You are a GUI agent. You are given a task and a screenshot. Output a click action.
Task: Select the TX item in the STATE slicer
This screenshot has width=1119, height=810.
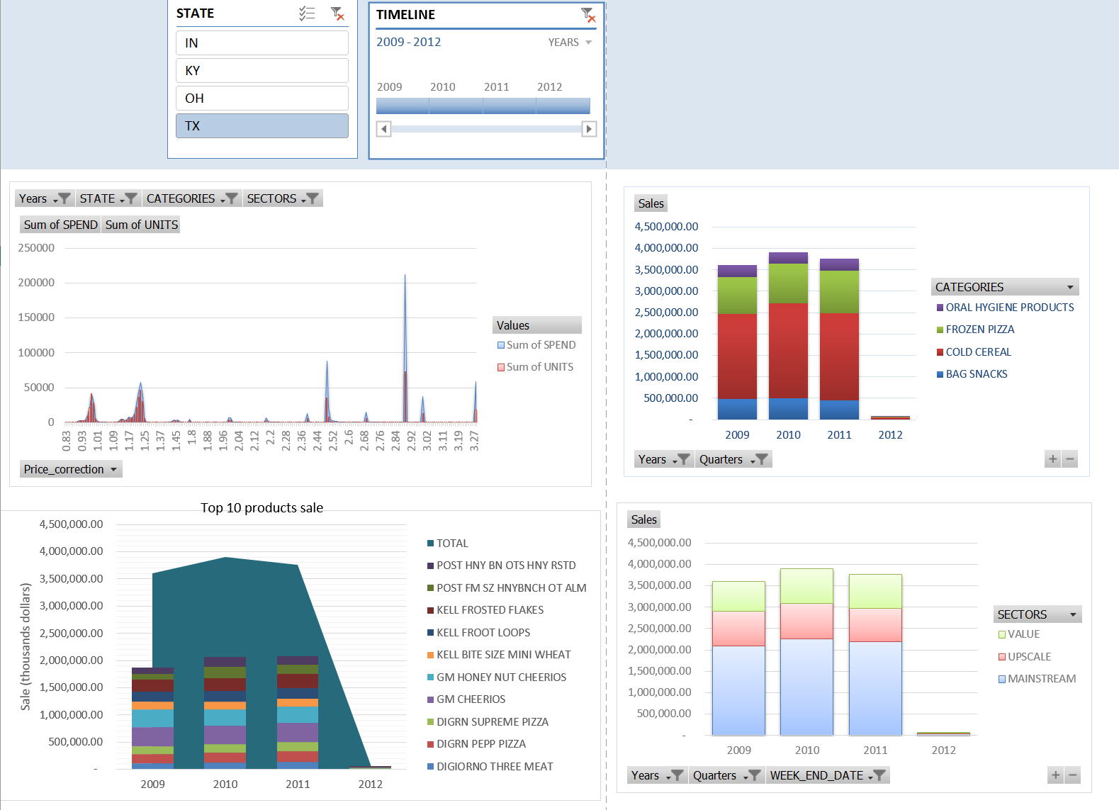pyautogui.click(x=262, y=126)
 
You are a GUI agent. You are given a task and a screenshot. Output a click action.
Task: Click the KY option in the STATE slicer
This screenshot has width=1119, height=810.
pyautogui.click(x=262, y=71)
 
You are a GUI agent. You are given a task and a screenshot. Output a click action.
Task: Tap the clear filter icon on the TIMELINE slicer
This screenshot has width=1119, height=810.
pyautogui.click(x=587, y=14)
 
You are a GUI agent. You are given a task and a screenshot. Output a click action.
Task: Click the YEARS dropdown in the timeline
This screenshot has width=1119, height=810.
pyautogui.click(x=569, y=43)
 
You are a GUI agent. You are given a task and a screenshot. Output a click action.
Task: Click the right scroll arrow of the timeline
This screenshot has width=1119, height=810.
pyautogui.click(x=589, y=129)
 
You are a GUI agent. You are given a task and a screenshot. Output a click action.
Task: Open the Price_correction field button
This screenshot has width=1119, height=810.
pyautogui.click(x=71, y=469)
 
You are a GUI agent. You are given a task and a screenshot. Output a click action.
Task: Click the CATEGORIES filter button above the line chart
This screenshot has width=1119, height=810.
pyautogui.click(x=191, y=198)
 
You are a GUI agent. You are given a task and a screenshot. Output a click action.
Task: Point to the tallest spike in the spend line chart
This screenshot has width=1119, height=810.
pyautogui.click(x=405, y=276)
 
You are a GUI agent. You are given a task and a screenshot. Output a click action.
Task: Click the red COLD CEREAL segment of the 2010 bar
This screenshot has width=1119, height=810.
pyautogui.click(x=788, y=350)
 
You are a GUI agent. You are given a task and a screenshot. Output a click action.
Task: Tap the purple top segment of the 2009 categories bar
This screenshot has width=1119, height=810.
pyautogui.click(x=737, y=271)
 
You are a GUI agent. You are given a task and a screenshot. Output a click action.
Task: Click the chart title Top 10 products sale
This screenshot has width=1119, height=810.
pyautogui.click(x=262, y=507)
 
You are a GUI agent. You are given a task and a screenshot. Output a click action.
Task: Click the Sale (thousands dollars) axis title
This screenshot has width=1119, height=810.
pyautogui.click(x=26, y=646)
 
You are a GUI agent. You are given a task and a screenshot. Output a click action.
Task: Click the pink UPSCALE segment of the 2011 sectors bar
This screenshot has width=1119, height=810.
pyautogui.click(x=875, y=624)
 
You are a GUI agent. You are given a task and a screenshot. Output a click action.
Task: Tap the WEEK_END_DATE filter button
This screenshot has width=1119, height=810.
pyautogui.click(x=827, y=775)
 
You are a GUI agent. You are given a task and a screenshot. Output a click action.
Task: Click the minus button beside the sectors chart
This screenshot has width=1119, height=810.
pyautogui.click(x=1073, y=775)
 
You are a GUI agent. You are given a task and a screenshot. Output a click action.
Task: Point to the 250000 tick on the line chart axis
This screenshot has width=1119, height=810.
pyautogui.click(x=36, y=248)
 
